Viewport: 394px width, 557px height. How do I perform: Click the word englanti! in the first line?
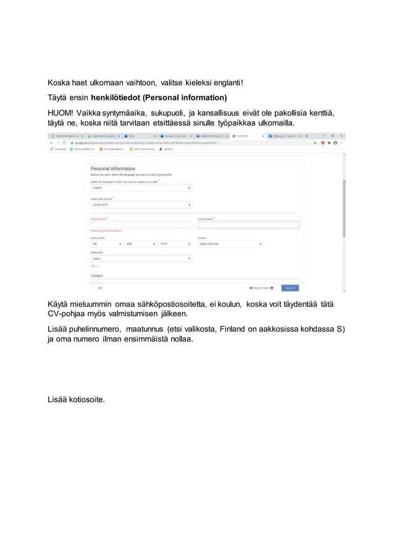click(x=226, y=83)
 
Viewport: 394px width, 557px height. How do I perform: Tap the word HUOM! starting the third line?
click(x=61, y=113)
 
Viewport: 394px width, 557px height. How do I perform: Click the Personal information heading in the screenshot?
click(x=113, y=169)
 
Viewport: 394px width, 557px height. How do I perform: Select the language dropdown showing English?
click(x=141, y=188)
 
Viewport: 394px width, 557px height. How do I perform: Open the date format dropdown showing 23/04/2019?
click(x=141, y=205)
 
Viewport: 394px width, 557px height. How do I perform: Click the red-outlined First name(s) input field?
click(x=141, y=225)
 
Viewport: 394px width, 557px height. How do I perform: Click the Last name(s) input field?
click(x=248, y=225)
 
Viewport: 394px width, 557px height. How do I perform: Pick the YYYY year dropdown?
click(x=175, y=244)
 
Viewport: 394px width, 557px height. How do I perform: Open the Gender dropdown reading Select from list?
click(x=230, y=244)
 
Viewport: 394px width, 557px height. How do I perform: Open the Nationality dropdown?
click(x=141, y=259)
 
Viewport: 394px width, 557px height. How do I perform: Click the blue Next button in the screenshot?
click(x=290, y=288)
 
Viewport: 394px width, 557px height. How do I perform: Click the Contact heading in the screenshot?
click(x=97, y=275)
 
